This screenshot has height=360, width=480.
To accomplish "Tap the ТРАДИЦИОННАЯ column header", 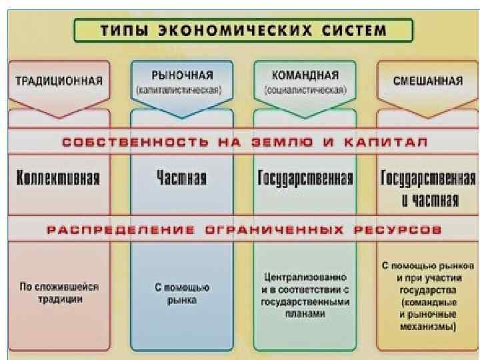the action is [x=59, y=81].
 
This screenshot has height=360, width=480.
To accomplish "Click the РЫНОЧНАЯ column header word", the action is [x=181, y=75].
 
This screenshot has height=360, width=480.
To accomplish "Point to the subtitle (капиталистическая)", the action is [x=181, y=89].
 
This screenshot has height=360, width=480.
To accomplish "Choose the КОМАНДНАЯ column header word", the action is [x=305, y=75].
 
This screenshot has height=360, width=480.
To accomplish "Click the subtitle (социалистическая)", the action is [x=305, y=89].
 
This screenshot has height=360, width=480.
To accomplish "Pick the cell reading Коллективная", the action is [x=58, y=178].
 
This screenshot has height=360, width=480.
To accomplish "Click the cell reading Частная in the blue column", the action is [x=181, y=178].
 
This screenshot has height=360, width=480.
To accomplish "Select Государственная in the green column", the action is [x=305, y=178].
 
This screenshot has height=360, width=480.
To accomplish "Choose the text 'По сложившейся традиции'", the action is [x=59, y=293].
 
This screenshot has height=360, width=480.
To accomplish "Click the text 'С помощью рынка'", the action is [x=182, y=293].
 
